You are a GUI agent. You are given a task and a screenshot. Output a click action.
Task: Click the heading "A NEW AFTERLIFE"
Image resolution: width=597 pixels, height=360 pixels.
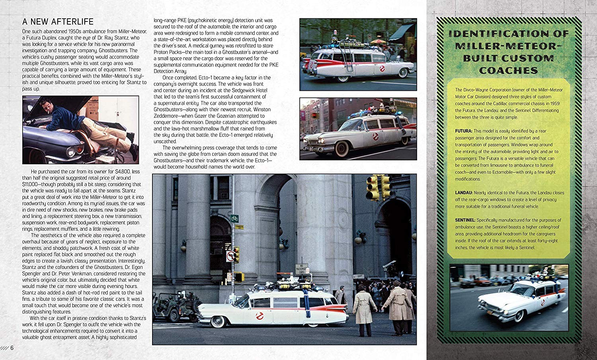58,21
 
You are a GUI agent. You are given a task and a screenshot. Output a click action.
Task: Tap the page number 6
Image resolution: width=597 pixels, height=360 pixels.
12,348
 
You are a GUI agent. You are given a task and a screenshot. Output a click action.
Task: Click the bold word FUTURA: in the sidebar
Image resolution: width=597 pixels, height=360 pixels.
464,131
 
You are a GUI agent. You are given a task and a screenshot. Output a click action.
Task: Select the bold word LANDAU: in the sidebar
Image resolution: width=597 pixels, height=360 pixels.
464,193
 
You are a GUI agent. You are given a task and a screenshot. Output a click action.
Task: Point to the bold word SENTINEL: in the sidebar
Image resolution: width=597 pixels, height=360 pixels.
465,220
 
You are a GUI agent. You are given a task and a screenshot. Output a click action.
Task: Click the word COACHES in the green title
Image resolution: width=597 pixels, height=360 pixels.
508,71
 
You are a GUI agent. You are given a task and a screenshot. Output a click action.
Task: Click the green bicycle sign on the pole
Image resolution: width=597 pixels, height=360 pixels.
234,218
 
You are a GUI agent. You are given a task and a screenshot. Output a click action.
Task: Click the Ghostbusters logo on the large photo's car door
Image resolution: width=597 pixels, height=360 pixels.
260,316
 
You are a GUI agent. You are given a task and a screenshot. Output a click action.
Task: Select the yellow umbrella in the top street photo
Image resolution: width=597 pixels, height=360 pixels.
378,41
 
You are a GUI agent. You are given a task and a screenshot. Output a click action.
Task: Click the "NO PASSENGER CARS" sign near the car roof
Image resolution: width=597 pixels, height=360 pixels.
301,268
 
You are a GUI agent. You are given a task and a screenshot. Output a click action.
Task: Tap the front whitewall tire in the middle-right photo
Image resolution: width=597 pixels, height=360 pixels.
341,148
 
